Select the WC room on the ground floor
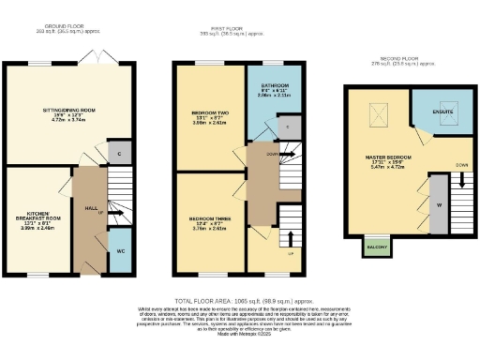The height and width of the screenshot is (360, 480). (x=120, y=253)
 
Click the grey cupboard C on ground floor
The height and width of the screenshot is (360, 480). (x=117, y=152)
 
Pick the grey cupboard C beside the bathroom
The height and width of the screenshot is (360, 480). (x=286, y=125)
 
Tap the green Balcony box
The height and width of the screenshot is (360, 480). (x=377, y=246)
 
